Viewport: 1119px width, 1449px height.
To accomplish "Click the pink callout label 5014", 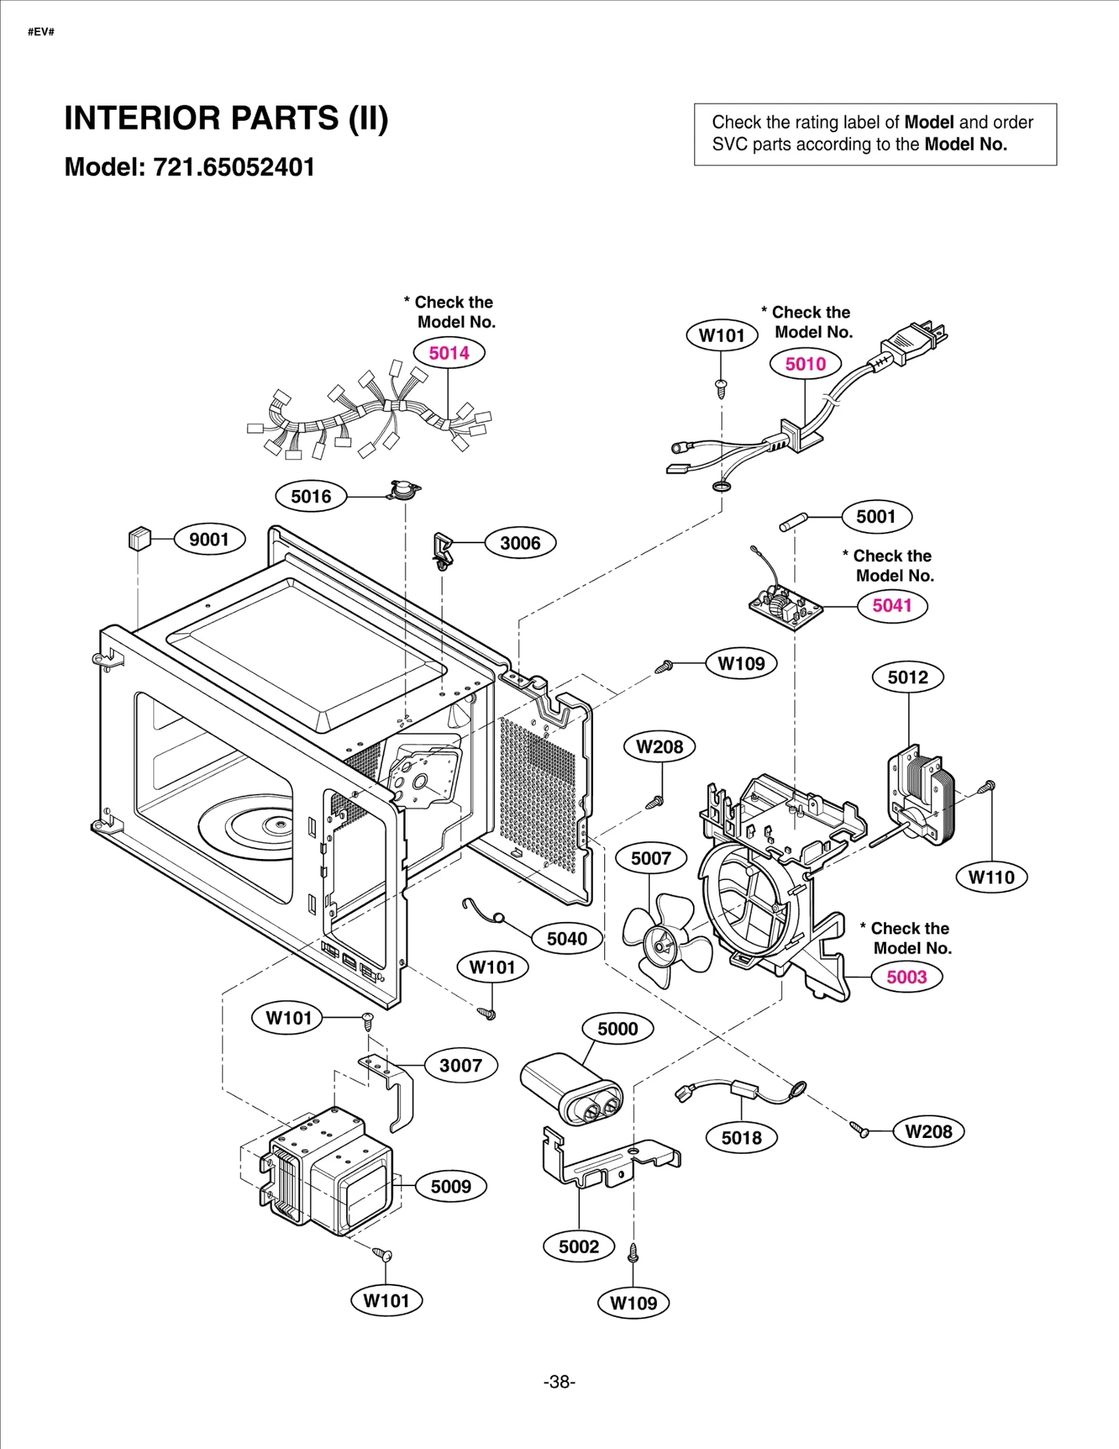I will (449, 353).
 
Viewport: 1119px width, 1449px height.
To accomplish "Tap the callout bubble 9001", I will (209, 539).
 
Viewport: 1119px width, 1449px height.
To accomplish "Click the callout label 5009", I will (450, 1186).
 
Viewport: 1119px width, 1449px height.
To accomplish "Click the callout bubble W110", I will (991, 877).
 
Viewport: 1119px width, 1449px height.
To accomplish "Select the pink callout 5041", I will (892, 605).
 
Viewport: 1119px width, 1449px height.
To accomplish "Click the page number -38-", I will (559, 1382).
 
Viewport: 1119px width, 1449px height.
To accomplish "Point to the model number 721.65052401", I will (234, 167).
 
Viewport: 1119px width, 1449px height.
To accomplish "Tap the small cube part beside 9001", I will (140, 539).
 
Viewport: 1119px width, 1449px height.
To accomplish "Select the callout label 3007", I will (460, 1065).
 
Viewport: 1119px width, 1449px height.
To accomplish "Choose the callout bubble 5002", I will (578, 1246).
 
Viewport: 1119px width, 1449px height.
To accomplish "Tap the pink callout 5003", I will (906, 976).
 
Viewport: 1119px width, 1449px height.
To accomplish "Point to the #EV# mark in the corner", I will (41, 31).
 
